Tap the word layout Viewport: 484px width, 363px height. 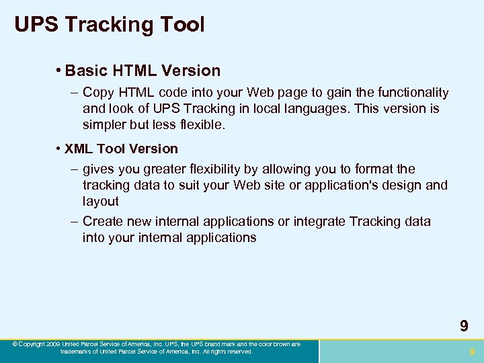pyautogui.click(x=100, y=201)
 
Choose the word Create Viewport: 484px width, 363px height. pyautogui.click(x=104, y=221)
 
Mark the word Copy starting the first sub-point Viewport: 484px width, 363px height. pyautogui.click(x=98, y=93)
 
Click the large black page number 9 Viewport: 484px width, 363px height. pyautogui.click(x=464, y=327)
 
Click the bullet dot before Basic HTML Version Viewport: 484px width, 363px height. pyautogui.click(x=60, y=71)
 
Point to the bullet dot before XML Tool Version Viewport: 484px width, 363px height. pyautogui.click(x=60, y=149)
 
